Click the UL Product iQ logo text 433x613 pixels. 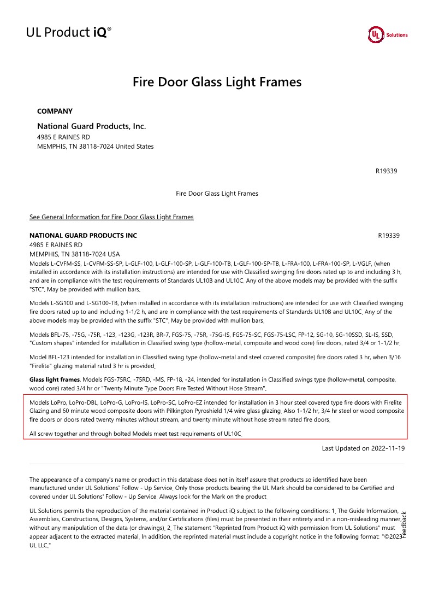tap(68, 33)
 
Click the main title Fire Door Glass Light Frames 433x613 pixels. tap(217, 82)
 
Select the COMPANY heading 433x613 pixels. tap(55, 111)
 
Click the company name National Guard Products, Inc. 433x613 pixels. tap(91, 126)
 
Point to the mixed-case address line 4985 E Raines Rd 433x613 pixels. tap(63, 137)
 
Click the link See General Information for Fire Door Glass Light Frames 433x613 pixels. tap(111, 217)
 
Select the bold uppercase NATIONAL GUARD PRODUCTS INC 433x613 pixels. tap(83, 236)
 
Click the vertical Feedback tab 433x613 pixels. tap(404, 524)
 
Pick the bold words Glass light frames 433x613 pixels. tap(55, 379)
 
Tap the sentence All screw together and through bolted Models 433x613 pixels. tap(136, 434)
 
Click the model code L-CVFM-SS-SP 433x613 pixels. tap(101, 264)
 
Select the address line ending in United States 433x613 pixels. tap(96, 147)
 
